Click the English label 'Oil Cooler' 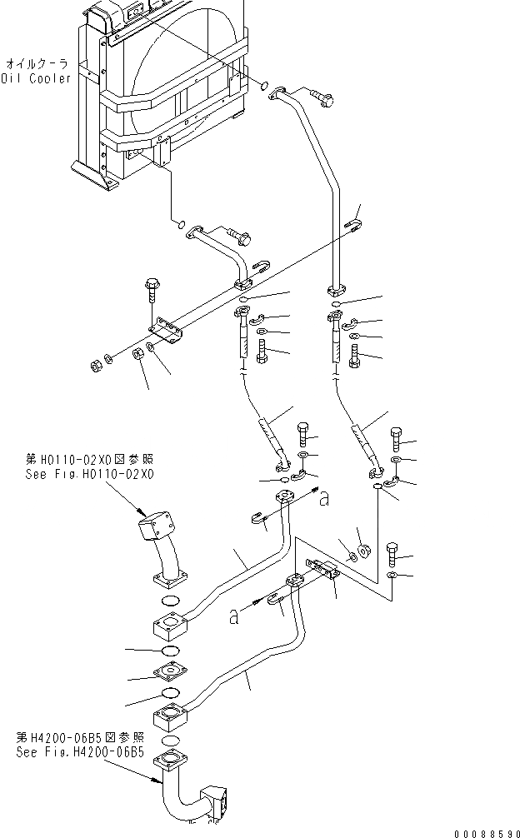click(x=36, y=78)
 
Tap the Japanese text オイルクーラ click(x=37, y=62)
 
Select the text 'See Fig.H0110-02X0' click(x=89, y=474)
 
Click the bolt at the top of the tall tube click(x=321, y=97)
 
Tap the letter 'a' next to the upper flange click(x=324, y=500)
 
